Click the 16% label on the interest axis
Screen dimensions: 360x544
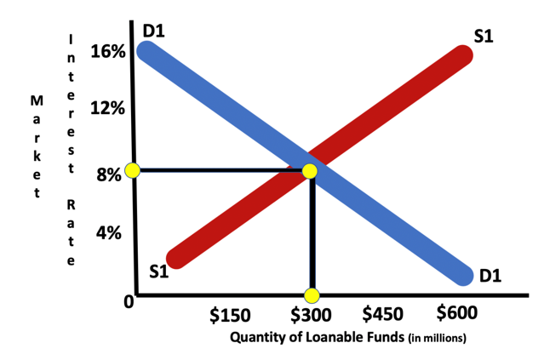107,52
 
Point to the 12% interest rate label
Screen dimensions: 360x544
107,109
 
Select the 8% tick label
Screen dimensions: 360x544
108,176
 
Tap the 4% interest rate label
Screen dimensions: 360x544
108,231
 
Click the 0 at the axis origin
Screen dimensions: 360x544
128,302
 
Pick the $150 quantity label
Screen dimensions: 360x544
230,317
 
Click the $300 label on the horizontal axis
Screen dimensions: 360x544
311,316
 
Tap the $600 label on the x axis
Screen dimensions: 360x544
457,312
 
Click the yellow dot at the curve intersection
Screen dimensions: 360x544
309,171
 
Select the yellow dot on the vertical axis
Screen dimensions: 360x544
132,170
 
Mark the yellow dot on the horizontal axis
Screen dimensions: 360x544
312,295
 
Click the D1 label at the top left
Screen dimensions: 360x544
153,31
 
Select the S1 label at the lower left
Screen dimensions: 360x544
159,272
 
